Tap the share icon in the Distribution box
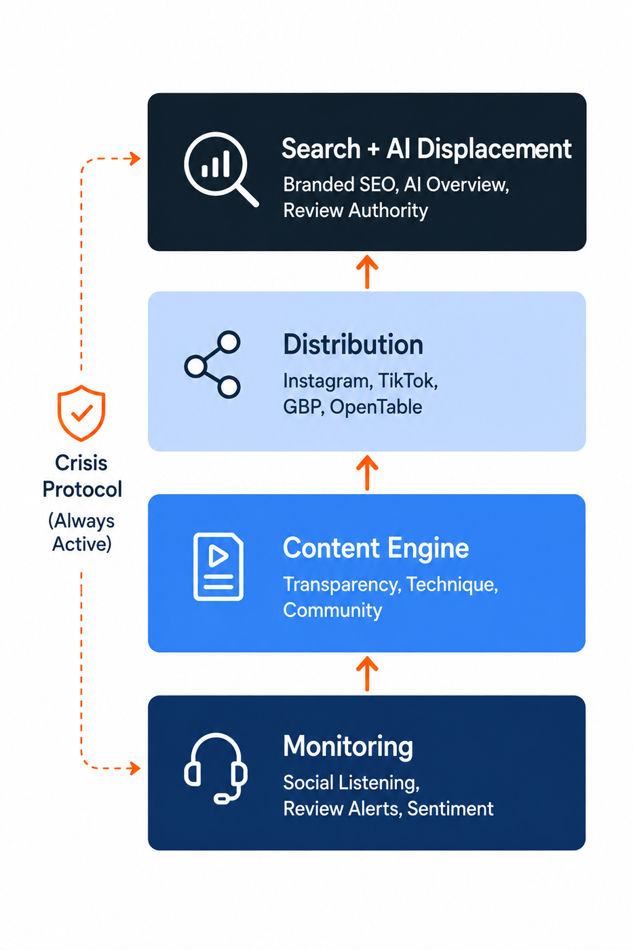[212, 364]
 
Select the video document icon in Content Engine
[218, 567]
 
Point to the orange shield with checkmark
[81, 413]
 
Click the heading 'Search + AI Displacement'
[427, 149]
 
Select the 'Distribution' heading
[353, 345]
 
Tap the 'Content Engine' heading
[376, 548]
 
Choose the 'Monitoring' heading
[347, 746]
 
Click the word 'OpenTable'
[376, 407]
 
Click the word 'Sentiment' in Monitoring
[450, 808]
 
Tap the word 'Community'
[332, 610]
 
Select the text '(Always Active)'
[81, 532]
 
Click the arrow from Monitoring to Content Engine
[367, 674]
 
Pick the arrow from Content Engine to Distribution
[367, 472]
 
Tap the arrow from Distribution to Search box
[367, 271]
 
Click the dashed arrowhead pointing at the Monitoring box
[135, 768]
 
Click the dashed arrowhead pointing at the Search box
[135, 159]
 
